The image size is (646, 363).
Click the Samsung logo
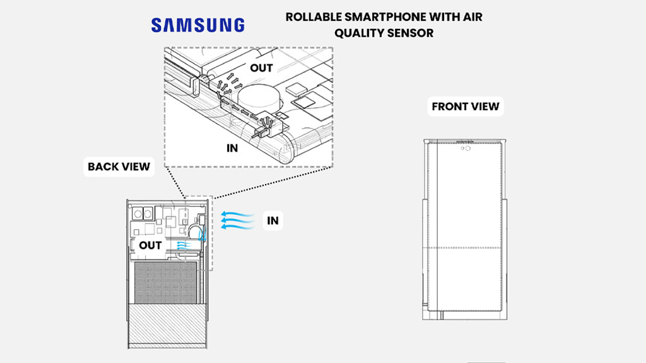click(197, 25)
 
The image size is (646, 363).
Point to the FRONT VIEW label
click(465, 107)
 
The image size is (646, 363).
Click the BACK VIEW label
click(119, 166)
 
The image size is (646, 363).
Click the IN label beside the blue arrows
click(273, 221)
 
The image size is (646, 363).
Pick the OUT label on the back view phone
click(150, 245)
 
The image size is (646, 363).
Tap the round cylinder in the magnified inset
click(258, 100)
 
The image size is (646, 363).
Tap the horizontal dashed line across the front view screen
click(464, 246)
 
